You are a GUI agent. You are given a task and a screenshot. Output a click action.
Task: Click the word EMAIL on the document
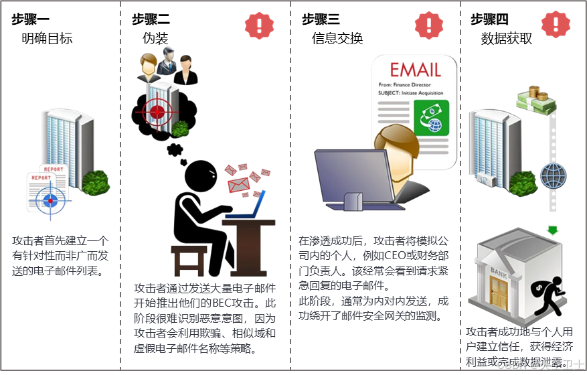415,69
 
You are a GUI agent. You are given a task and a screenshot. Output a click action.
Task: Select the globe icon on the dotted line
553,175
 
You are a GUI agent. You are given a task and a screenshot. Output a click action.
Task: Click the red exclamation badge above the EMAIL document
428,25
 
